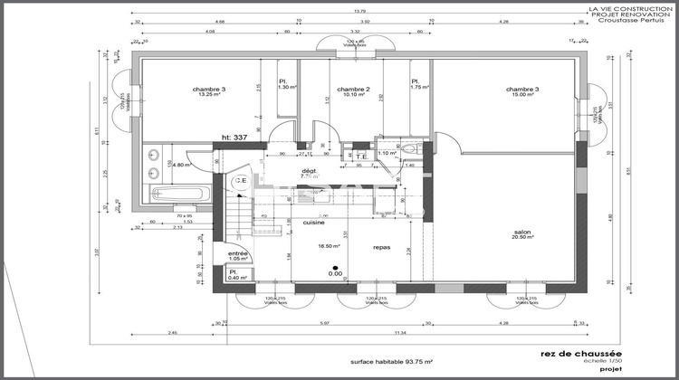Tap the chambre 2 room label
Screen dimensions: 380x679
(353, 90)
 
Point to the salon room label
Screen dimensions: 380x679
(521, 231)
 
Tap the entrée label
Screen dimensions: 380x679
(237, 253)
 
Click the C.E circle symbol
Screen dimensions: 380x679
(241, 182)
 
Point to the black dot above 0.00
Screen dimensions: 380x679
(334, 267)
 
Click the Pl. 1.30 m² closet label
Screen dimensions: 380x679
(287, 83)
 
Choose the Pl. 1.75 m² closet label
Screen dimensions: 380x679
(419, 83)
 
